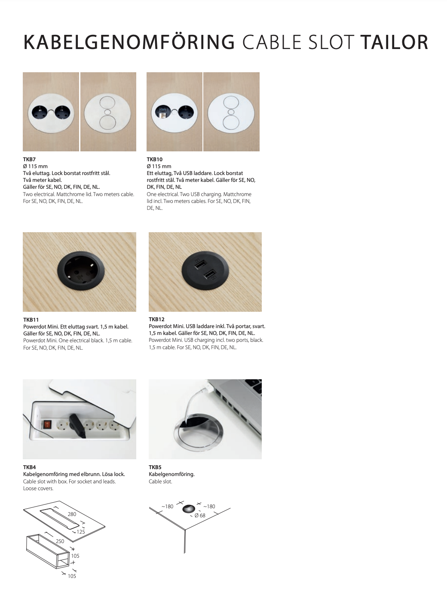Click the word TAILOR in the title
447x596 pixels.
point(394,42)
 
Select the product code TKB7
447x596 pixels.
point(29,160)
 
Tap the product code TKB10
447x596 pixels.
point(154,160)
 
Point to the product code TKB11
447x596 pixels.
point(31,320)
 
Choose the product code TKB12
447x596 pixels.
point(156,320)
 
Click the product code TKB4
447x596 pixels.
point(29,467)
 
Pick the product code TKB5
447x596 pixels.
point(155,467)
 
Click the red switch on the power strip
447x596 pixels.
point(48,425)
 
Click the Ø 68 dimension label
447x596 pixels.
point(200,515)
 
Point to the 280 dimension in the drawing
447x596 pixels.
point(72,514)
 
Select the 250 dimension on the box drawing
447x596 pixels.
point(60,541)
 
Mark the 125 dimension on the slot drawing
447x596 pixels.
point(81,531)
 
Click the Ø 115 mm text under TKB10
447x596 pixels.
point(159,166)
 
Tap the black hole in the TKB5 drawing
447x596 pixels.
point(189,509)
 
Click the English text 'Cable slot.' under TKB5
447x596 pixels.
point(160,482)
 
